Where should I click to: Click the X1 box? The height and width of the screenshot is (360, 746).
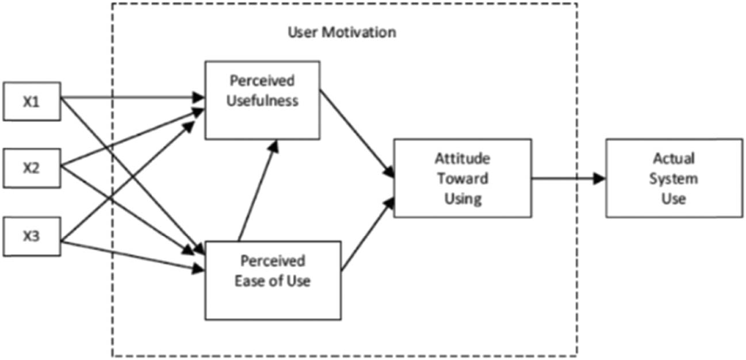pyautogui.click(x=32, y=101)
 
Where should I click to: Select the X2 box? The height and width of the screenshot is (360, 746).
pyautogui.click(x=32, y=168)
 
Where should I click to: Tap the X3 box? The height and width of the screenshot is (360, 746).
pyautogui.click(x=32, y=236)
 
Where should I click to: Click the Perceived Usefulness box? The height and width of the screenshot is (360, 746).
pyautogui.click(x=262, y=99)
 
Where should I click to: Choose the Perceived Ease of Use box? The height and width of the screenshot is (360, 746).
pyautogui.click(x=273, y=280)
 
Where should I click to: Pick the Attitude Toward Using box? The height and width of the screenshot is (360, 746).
pyautogui.click(x=462, y=178)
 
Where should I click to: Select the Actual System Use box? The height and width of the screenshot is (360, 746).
pyautogui.click(x=674, y=178)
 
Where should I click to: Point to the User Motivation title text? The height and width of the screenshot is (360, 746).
pyautogui.click(x=342, y=32)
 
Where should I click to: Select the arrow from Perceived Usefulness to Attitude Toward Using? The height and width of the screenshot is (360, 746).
pyautogui.click(x=357, y=132)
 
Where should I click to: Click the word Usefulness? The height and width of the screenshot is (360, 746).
pyautogui.click(x=263, y=101)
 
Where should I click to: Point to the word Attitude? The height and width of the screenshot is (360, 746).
pyautogui.click(x=462, y=158)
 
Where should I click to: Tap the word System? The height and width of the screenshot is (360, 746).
pyautogui.click(x=674, y=178)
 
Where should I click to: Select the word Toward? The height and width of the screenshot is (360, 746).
pyautogui.click(x=462, y=178)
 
